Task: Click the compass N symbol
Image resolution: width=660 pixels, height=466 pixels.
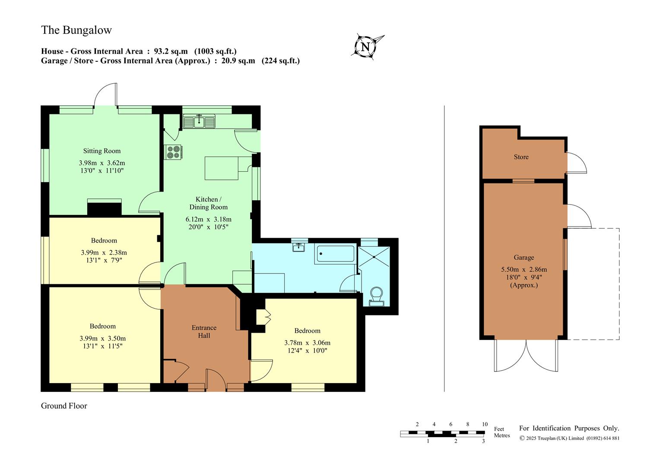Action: pyautogui.click(x=365, y=47)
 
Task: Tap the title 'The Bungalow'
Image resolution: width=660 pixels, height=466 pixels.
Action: pyautogui.click(x=76, y=30)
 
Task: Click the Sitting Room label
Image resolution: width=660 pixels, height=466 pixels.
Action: pyautogui.click(x=102, y=151)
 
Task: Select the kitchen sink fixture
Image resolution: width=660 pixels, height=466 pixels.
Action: pyautogui.click(x=199, y=121)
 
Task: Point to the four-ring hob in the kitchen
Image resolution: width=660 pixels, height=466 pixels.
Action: pyautogui.click(x=173, y=152)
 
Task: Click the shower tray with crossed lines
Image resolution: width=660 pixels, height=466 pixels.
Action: pyautogui.click(x=374, y=257)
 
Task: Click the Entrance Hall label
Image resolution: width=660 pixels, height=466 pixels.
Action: pyautogui.click(x=204, y=331)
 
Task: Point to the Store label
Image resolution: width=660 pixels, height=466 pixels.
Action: pyautogui.click(x=521, y=157)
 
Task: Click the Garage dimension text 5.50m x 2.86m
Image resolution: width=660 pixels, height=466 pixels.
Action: pyautogui.click(x=524, y=269)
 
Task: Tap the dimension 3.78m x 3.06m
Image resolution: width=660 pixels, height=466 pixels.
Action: pyautogui.click(x=307, y=343)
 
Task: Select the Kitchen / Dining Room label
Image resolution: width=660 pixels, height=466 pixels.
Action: pyautogui.click(x=209, y=203)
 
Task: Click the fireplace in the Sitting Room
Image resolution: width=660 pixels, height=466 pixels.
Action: pyautogui.click(x=105, y=208)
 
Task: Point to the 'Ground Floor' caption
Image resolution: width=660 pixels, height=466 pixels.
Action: pyautogui.click(x=64, y=406)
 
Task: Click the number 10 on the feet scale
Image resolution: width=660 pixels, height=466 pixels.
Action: pyautogui.click(x=485, y=424)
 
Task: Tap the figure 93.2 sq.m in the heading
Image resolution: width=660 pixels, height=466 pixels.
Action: pyautogui.click(x=171, y=51)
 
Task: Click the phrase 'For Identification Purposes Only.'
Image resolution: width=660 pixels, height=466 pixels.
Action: pyautogui.click(x=569, y=428)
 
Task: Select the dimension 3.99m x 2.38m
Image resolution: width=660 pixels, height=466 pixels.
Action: pyautogui.click(x=104, y=252)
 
